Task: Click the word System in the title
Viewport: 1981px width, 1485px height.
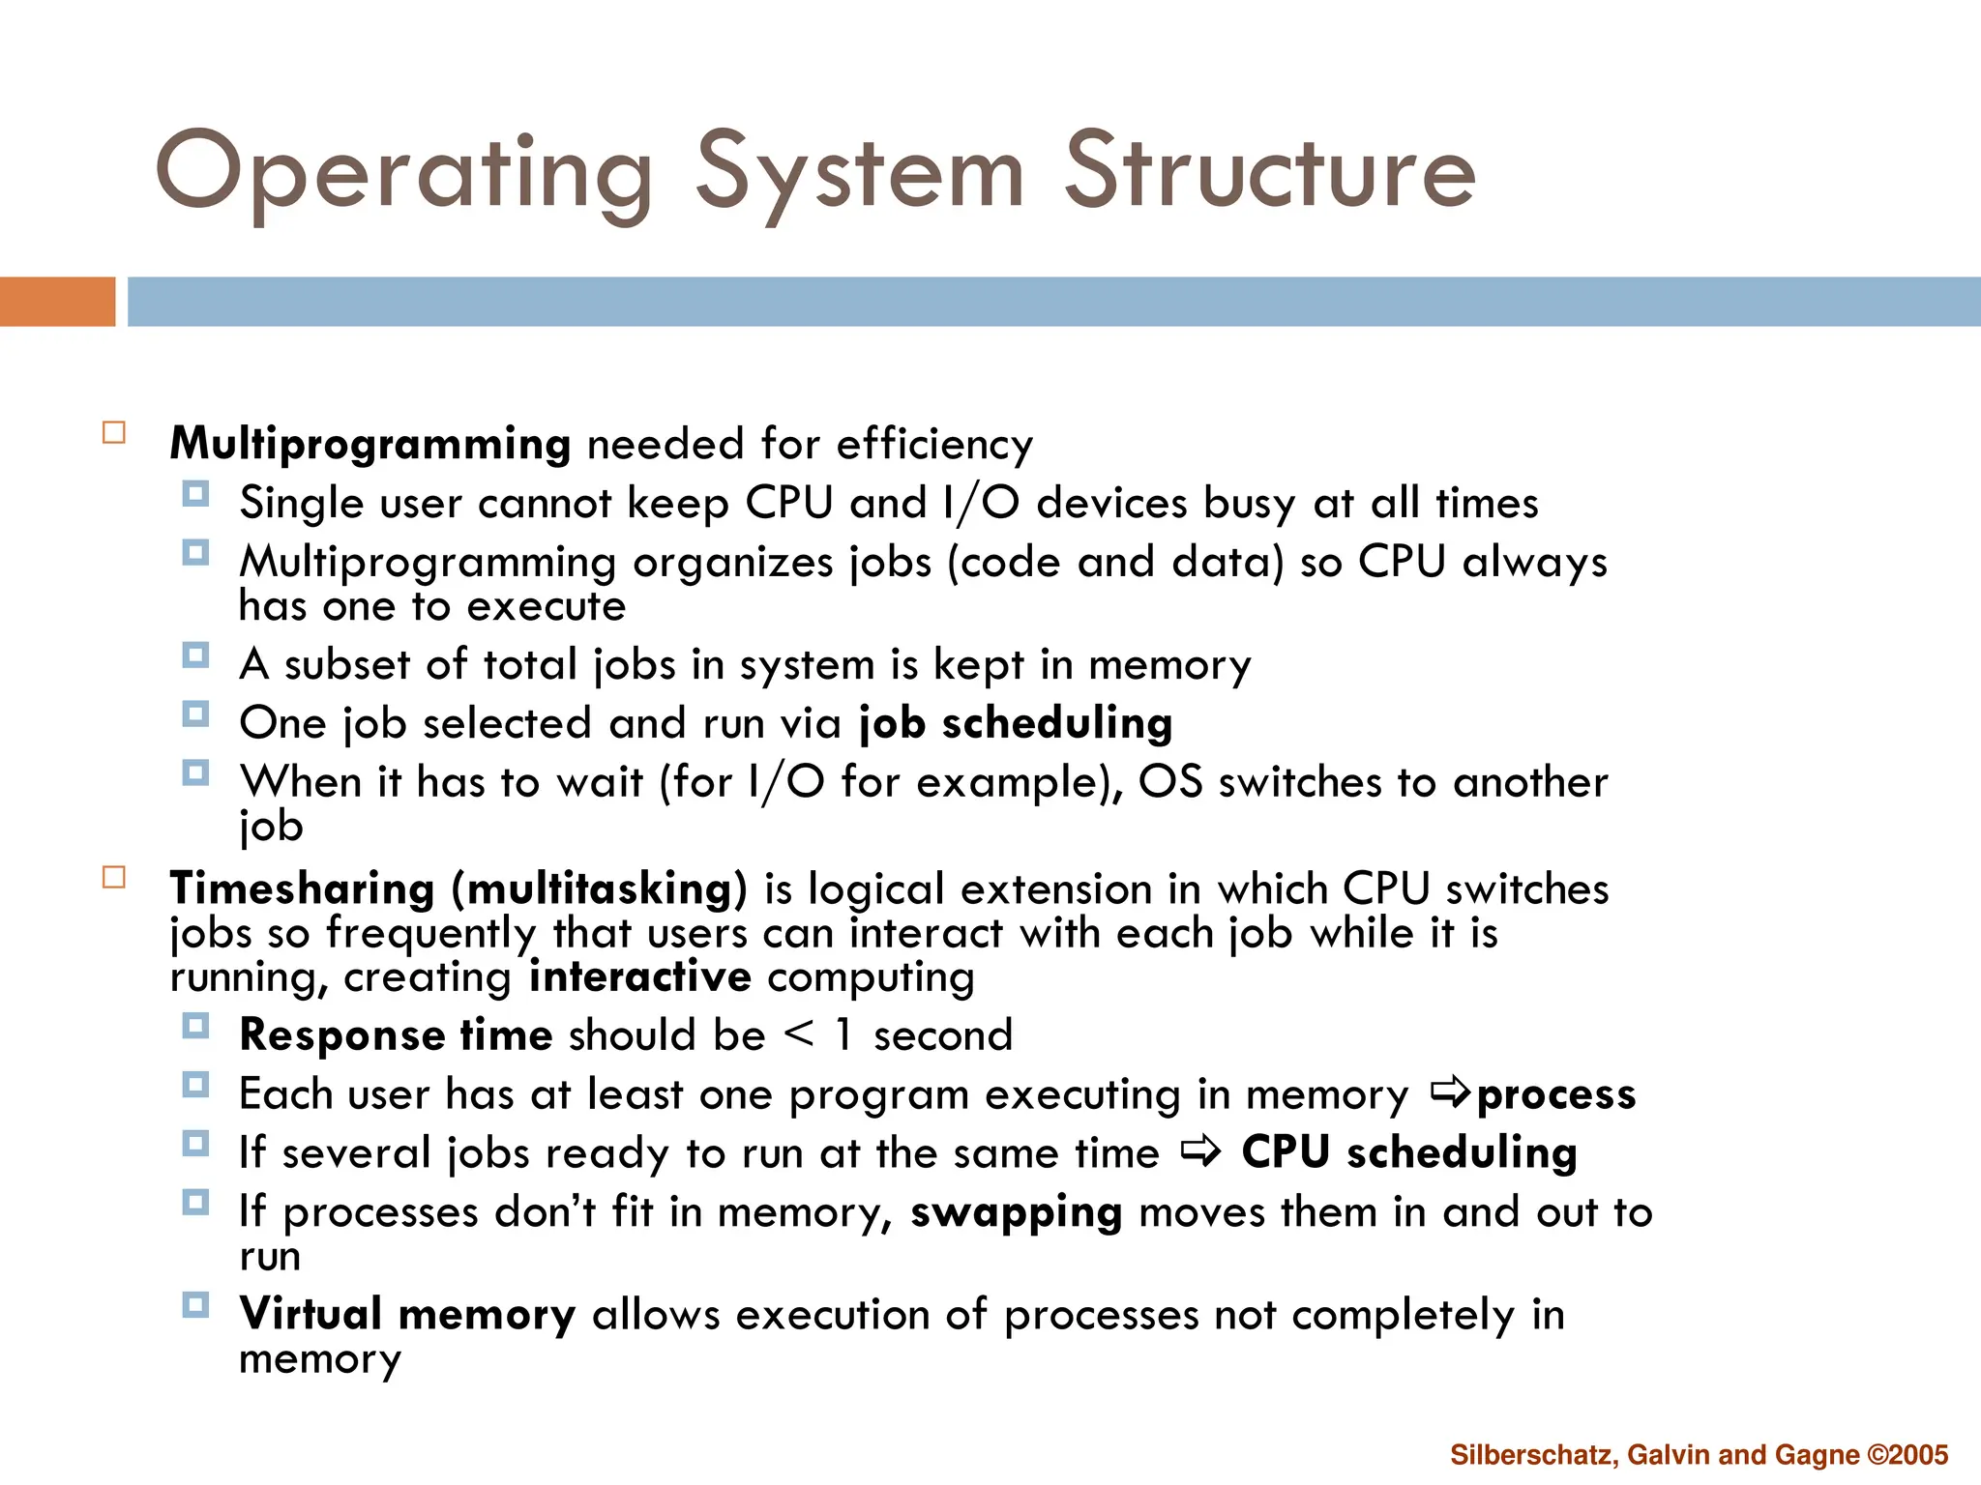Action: tap(859, 174)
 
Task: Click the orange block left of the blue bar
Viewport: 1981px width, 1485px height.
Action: tap(57, 302)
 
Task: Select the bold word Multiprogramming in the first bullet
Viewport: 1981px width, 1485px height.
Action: tap(370, 445)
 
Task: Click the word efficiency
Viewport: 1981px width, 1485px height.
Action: tap(934, 445)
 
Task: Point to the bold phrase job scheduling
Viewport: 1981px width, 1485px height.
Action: tap(1016, 723)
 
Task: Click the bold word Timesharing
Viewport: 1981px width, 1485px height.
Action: tap(302, 888)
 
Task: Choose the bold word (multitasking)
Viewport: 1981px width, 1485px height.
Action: tap(600, 889)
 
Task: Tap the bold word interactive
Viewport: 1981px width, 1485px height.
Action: tap(639, 976)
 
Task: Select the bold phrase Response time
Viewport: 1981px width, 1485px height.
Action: tap(396, 1035)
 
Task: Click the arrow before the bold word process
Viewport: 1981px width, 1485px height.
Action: tap(1450, 1093)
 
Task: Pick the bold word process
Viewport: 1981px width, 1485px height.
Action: tap(1556, 1095)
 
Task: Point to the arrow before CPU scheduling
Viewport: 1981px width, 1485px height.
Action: tap(1200, 1151)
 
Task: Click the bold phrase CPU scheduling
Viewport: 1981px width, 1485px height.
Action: tap(1408, 1153)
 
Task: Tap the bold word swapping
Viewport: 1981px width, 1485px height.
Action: tap(1016, 1213)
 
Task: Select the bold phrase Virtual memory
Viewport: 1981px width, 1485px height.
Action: tap(407, 1315)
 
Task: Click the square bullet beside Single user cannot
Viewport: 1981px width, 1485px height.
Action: tap(195, 495)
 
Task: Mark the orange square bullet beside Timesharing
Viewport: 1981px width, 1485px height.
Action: tap(114, 877)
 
